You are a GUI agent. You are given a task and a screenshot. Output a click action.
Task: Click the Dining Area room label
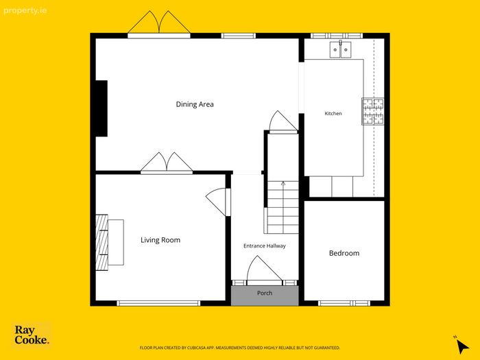tap(195, 104)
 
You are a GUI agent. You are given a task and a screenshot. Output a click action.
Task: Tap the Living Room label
tap(160, 240)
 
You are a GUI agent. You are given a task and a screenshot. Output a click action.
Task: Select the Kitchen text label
tap(333, 113)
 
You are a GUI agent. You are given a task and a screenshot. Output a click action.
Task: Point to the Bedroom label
tap(344, 253)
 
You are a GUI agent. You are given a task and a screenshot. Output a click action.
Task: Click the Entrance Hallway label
tap(265, 245)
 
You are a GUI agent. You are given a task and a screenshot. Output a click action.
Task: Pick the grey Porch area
tap(265, 296)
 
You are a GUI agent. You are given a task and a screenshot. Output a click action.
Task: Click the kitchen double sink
tap(340, 49)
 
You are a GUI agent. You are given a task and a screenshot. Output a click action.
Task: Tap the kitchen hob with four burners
tap(373, 111)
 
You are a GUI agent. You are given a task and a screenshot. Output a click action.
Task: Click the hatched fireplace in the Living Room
tap(102, 242)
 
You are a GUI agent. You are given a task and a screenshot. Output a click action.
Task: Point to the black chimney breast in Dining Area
tap(101, 108)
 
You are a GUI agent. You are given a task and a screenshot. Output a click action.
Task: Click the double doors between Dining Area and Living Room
tap(167, 164)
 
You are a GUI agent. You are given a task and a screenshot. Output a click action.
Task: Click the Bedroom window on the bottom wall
tap(344, 303)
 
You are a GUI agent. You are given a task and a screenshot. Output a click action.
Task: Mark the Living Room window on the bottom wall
tap(158, 303)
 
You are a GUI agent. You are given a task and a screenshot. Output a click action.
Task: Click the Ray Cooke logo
tap(32, 335)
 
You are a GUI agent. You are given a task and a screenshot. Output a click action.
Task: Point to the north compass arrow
tap(461, 346)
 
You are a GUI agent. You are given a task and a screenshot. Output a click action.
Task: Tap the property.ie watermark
tap(25, 11)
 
